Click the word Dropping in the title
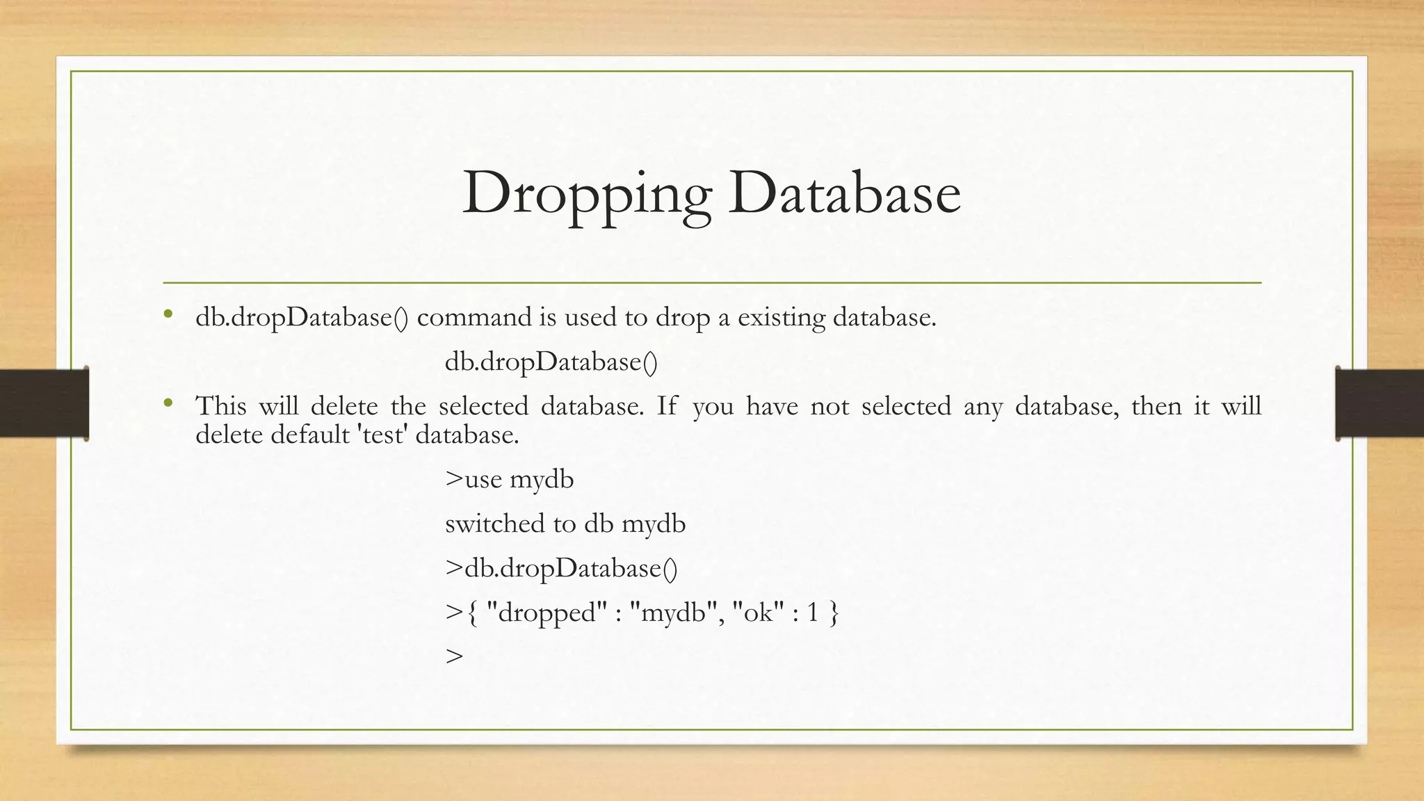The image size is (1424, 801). pos(587,193)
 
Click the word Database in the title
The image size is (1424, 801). pos(844,193)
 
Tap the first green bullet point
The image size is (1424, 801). pos(168,315)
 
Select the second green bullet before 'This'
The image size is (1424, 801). pos(168,403)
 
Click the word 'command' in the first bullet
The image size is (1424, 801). pos(474,317)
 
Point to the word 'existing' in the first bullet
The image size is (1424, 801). pos(781,318)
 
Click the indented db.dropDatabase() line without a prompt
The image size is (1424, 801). pos(551,362)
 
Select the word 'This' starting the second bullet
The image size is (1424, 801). pos(220,405)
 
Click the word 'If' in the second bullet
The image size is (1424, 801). pos(666,405)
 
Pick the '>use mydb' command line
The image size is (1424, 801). pos(509,480)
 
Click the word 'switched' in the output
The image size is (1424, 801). pos(495,524)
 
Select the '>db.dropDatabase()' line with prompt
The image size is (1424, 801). pos(560,569)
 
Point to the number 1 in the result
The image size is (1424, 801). pos(812,613)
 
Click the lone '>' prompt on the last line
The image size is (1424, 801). pos(454,656)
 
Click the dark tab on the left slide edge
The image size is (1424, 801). pos(44,403)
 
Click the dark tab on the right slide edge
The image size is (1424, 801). pos(1379,403)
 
